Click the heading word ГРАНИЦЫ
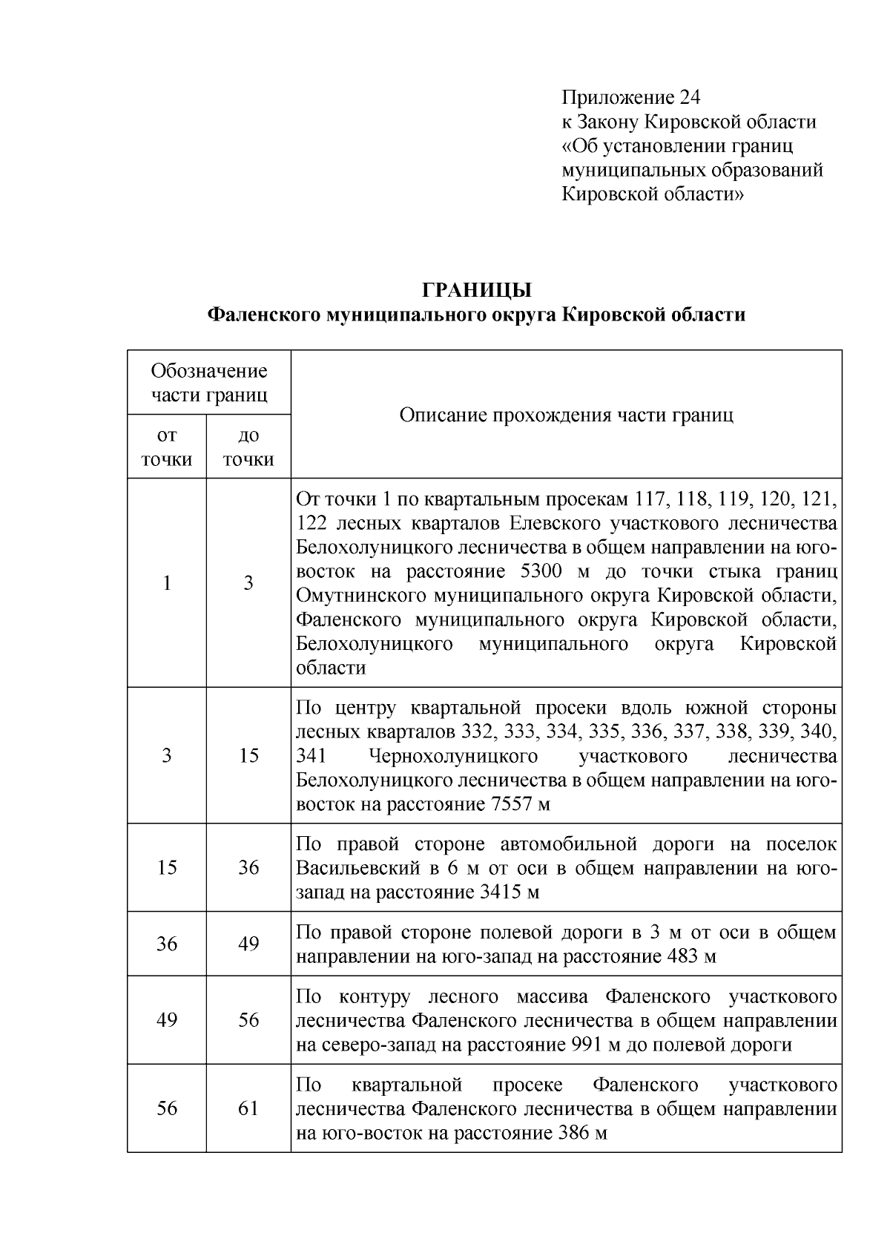[476, 290]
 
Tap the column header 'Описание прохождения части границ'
[566, 414]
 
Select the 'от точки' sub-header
[167, 447]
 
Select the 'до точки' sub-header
[248, 447]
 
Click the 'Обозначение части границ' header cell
[209, 382]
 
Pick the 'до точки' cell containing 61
[248, 1108]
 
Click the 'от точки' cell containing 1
[167, 583]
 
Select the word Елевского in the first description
[555, 524]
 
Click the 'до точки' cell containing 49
[248, 944]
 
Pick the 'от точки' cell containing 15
[167, 867]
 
